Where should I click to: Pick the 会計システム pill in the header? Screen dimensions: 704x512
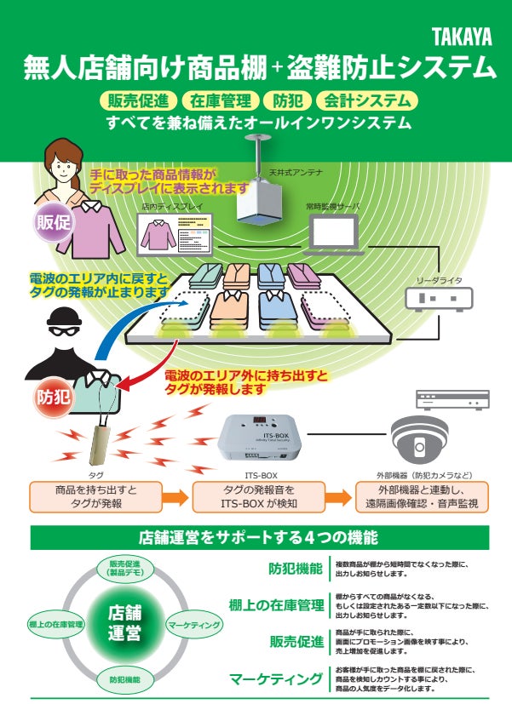coord(367,100)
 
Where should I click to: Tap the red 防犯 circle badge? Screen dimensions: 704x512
coord(52,396)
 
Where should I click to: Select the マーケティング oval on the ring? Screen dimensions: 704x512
coord(193,625)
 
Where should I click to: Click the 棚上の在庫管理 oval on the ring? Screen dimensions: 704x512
coord(55,625)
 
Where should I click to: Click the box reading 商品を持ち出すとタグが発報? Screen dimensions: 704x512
coord(95,497)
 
